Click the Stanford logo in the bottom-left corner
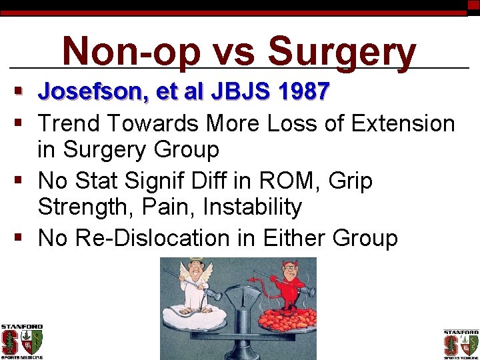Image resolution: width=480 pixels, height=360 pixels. coord(21,341)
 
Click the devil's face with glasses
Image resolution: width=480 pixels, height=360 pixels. coord(291,274)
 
